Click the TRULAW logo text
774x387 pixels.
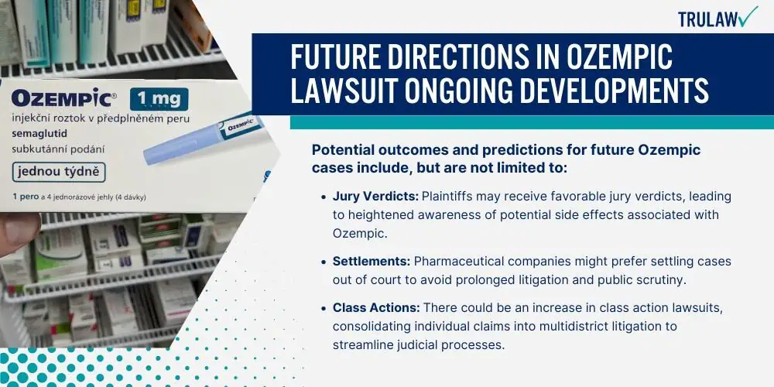click(x=708, y=19)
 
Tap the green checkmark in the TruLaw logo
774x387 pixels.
click(x=748, y=16)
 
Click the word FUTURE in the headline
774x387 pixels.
click(x=336, y=58)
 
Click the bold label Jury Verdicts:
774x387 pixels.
click(x=375, y=197)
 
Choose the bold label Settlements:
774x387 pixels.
click(x=372, y=261)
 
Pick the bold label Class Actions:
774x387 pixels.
click(x=376, y=307)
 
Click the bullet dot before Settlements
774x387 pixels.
click(x=324, y=262)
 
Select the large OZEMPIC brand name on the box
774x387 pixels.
click(x=62, y=98)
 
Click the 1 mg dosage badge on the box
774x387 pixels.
click(x=159, y=99)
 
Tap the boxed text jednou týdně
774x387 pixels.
click(x=59, y=173)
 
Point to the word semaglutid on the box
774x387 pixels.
click(x=39, y=134)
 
